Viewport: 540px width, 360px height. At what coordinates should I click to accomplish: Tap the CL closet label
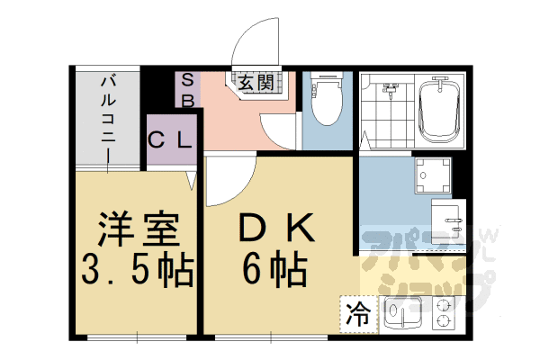170,140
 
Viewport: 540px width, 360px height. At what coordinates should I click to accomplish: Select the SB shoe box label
188,90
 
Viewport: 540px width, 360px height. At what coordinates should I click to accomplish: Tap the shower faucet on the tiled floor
389,89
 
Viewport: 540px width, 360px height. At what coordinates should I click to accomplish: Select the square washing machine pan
432,175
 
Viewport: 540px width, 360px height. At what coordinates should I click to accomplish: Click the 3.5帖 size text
137,269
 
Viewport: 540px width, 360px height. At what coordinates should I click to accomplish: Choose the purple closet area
170,140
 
